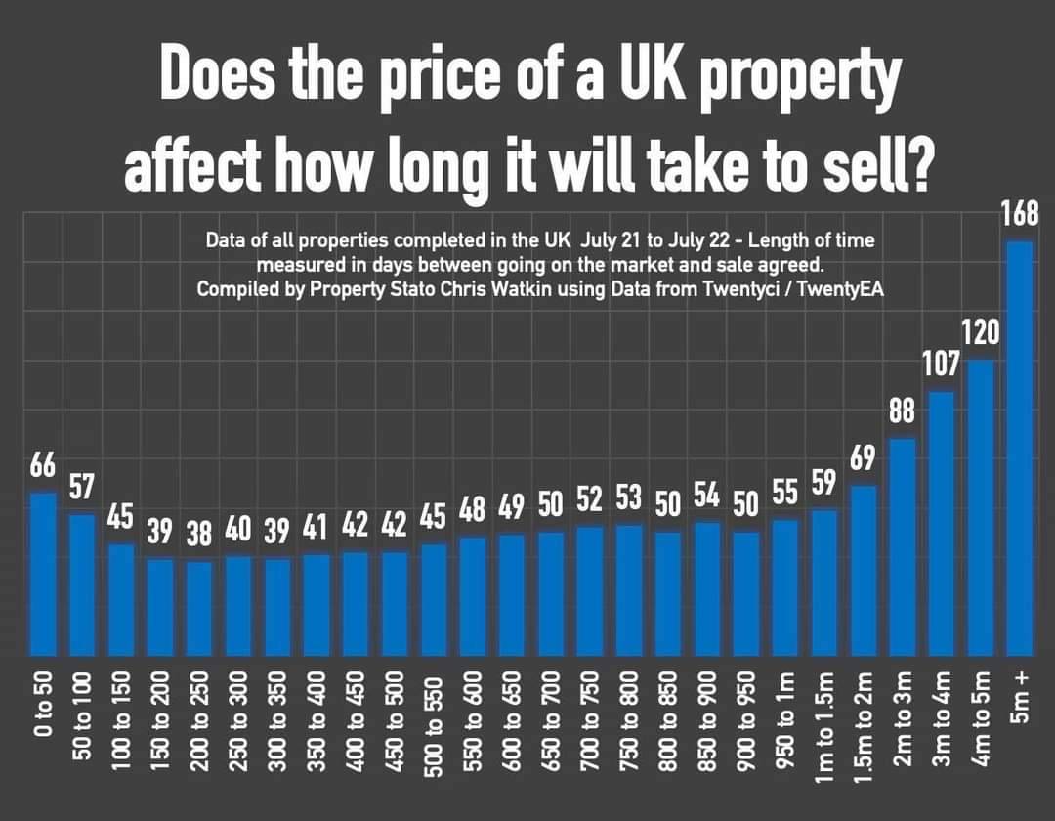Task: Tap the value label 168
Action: click(x=1019, y=213)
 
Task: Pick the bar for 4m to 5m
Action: click(x=980, y=507)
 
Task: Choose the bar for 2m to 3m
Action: click(x=903, y=546)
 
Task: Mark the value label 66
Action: click(x=43, y=465)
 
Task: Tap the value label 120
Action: click(x=980, y=333)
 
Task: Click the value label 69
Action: click(x=864, y=457)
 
